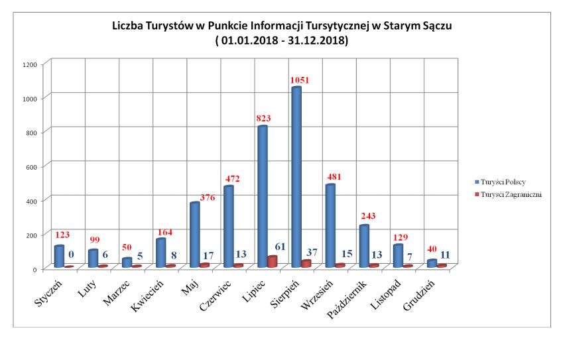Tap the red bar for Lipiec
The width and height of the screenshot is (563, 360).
tap(273, 261)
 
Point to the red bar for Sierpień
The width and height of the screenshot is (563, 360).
tap(306, 263)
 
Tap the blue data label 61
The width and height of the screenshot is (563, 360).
tap(281, 247)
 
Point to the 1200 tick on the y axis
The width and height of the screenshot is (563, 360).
tap(29, 64)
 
